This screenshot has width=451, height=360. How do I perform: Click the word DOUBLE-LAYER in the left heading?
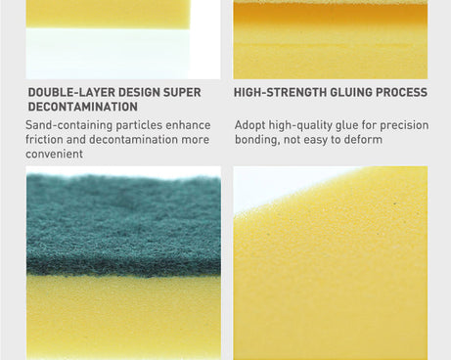67,93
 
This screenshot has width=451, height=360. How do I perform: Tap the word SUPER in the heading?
181,93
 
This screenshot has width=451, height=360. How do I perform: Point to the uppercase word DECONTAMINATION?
82,107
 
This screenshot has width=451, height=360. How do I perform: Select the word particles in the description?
138,125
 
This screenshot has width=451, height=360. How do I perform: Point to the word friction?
47,140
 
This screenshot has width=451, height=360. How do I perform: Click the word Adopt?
250,125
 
